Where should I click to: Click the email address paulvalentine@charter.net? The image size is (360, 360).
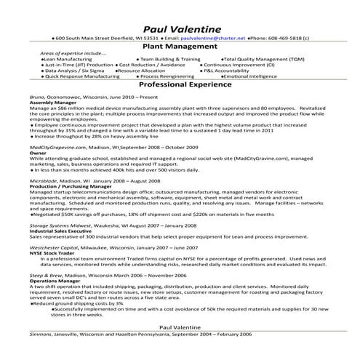pyautogui.click(x=215, y=36)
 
